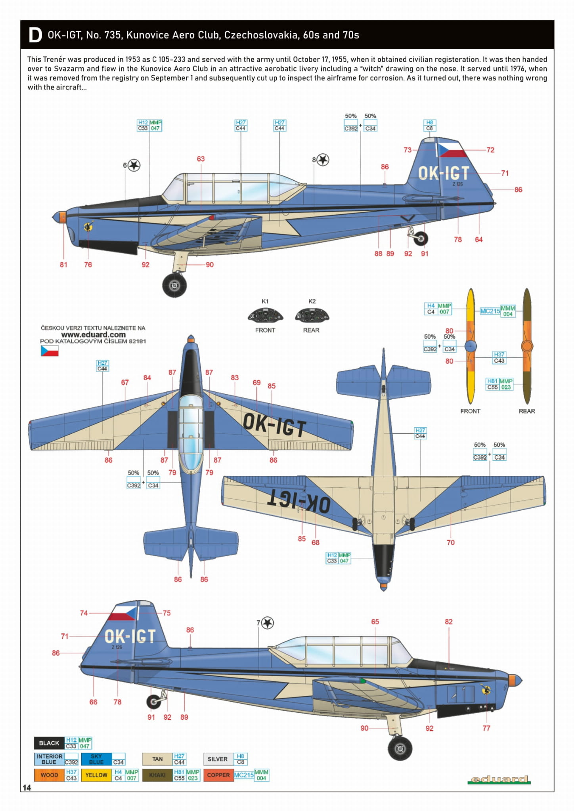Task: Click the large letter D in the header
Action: pyautogui.click(x=35, y=35)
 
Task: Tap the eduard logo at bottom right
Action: pyautogui.click(x=499, y=779)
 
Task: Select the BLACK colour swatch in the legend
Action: pyautogui.click(x=49, y=743)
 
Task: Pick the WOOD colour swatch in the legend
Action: pyautogui.click(x=49, y=775)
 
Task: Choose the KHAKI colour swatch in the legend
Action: pyautogui.click(x=157, y=775)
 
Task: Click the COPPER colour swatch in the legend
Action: pyautogui.click(x=218, y=775)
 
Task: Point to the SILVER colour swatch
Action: pyautogui.click(x=218, y=759)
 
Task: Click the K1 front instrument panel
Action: pyautogui.click(x=265, y=316)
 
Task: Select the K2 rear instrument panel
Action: pyautogui.click(x=312, y=316)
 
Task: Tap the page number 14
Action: pyautogui.click(x=27, y=788)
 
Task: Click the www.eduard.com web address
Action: pyautogui.click(x=93, y=334)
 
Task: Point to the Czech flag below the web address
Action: pyautogui.click(x=50, y=351)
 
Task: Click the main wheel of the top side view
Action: pyautogui.click(x=174, y=285)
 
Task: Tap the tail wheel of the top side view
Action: pyautogui.click(x=421, y=239)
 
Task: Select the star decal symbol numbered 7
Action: pyautogui.click(x=268, y=623)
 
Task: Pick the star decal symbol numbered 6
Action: pyautogui.click(x=134, y=165)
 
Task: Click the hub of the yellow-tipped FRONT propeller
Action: pyautogui.click(x=471, y=346)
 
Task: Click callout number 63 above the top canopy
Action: pyautogui.click(x=201, y=159)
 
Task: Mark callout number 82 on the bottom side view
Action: pyautogui.click(x=448, y=622)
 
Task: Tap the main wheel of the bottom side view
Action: pyautogui.click(x=400, y=749)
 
